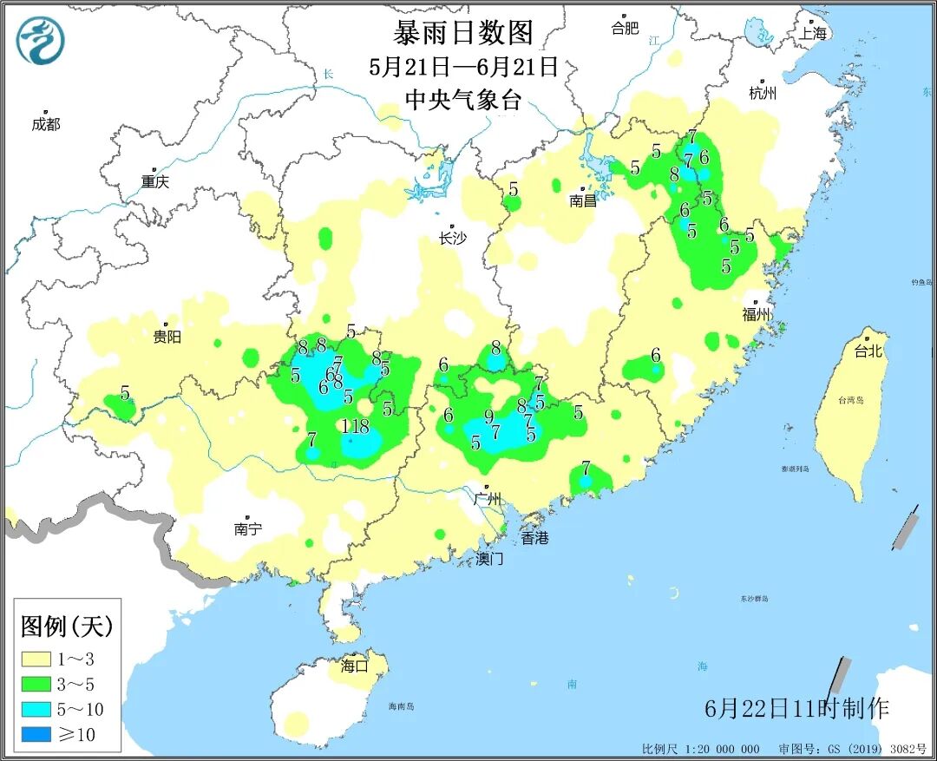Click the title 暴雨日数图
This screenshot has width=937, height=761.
coord(462,33)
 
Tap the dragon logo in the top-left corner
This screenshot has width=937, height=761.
coord(41,41)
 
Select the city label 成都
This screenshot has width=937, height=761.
coord(46,124)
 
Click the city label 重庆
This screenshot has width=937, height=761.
coord(155,181)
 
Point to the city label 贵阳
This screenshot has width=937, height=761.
coord(167,336)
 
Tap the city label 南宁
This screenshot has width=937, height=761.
coord(248,528)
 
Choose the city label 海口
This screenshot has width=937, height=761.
coord(355,666)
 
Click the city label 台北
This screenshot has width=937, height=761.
coord(868,351)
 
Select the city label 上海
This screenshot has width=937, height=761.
coord(814,33)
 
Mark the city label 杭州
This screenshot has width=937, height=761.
coord(763,93)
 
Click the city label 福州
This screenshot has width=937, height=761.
coord(756,314)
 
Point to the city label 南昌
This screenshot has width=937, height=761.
coord(584,200)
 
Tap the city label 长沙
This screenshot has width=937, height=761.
coord(452,238)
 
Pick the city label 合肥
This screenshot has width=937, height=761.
coord(625,28)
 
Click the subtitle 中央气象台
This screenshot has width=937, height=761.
coord(462,99)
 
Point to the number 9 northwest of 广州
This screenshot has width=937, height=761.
coord(488,416)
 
